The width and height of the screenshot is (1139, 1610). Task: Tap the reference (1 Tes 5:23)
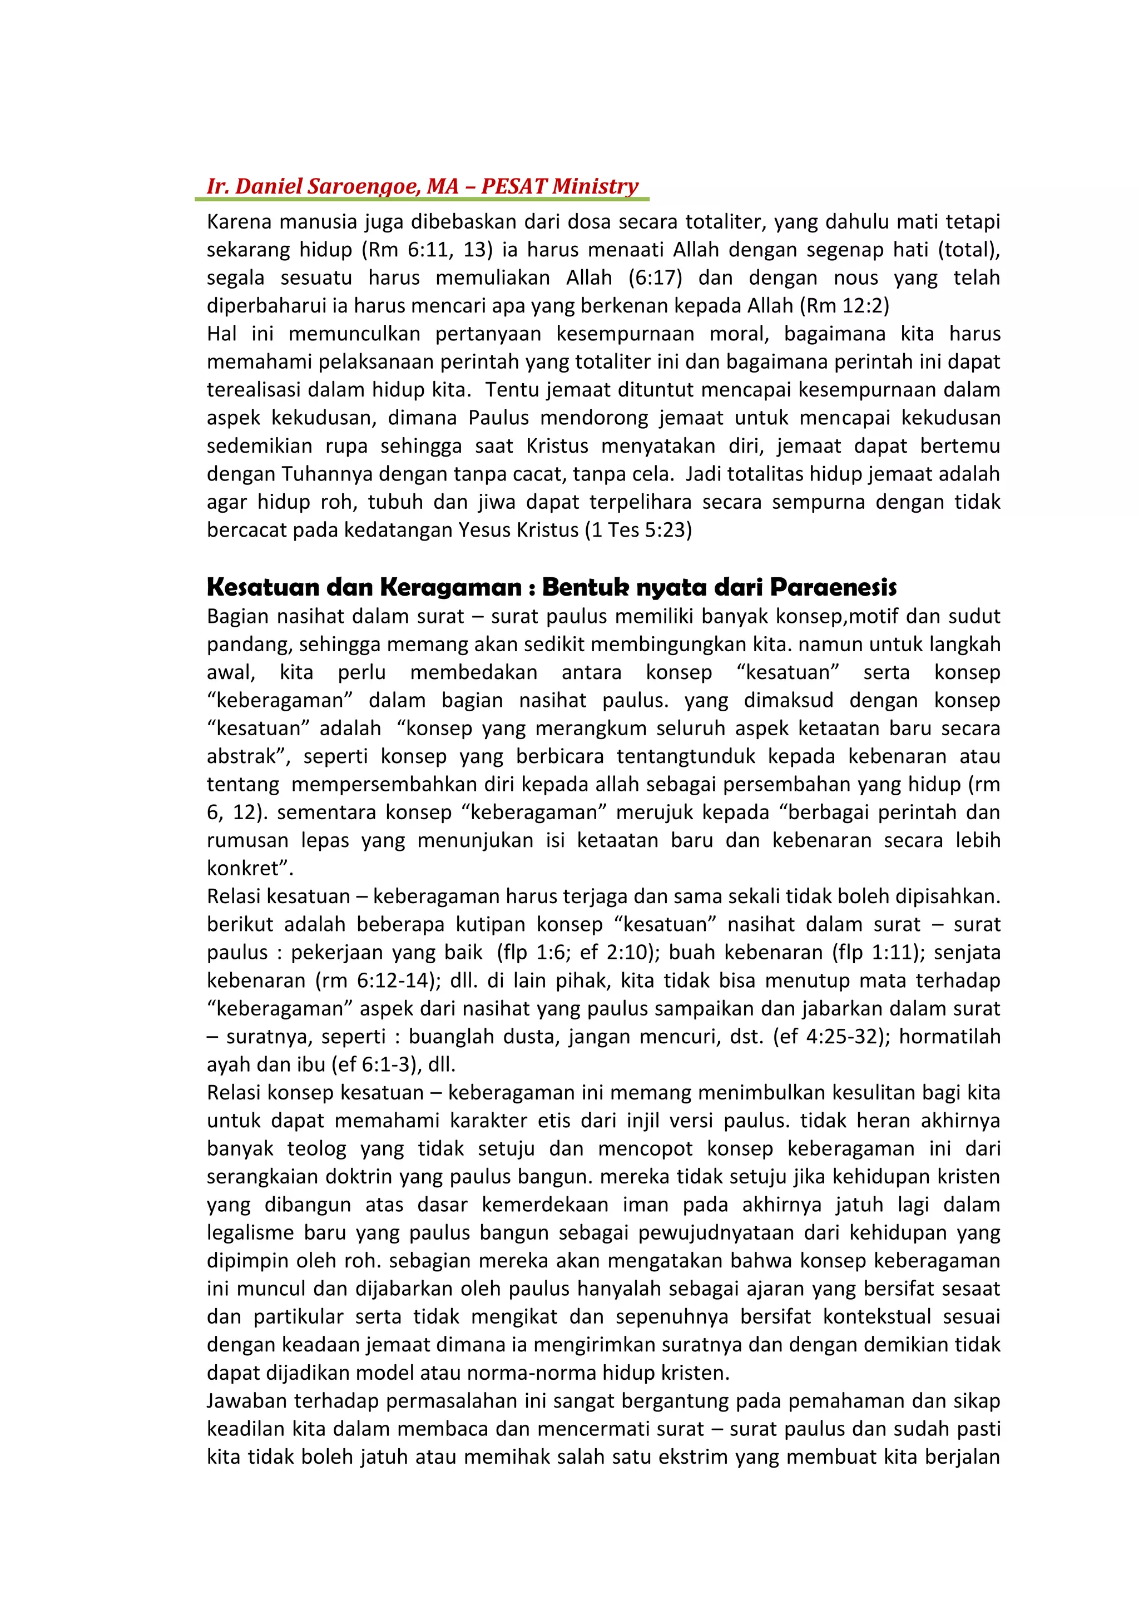point(638,530)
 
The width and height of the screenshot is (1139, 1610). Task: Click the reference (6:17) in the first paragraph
point(655,278)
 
